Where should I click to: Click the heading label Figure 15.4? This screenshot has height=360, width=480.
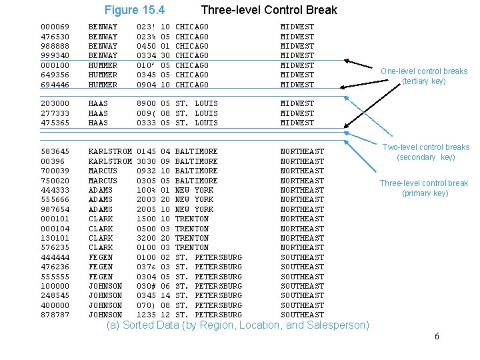pyautogui.click(x=135, y=10)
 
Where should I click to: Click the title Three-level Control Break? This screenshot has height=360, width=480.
pyautogui.click(x=269, y=10)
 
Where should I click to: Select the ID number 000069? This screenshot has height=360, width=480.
pyautogui.click(x=55, y=27)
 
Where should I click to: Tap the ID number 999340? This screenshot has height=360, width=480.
pyautogui.click(x=55, y=55)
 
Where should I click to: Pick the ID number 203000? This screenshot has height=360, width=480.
pyautogui.click(x=55, y=103)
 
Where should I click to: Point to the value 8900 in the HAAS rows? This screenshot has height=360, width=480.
pyautogui.click(x=146, y=103)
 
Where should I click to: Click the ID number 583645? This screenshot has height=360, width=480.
pyautogui.click(x=55, y=152)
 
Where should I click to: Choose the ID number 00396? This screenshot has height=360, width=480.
pyautogui.click(x=53, y=161)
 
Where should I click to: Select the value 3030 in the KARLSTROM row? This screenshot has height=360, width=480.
pyautogui.click(x=146, y=161)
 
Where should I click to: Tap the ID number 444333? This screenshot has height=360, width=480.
pyautogui.click(x=55, y=190)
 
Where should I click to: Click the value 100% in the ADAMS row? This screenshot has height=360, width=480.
pyautogui.click(x=146, y=190)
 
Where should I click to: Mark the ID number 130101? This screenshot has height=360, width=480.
pyautogui.click(x=55, y=238)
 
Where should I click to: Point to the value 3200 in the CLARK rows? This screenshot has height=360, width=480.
pyautogui.click(x=146, y=238)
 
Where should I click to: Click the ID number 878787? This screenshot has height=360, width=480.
pyautogui.click(x=55, y=315)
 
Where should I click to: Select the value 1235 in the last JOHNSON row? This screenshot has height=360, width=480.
pyautogui.click(x=146, y=315)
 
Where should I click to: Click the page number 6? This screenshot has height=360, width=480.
pyautogui.click(x=437, y=336)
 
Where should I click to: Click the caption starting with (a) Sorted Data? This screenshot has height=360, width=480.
pyautogui.click(x=237, y=325)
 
